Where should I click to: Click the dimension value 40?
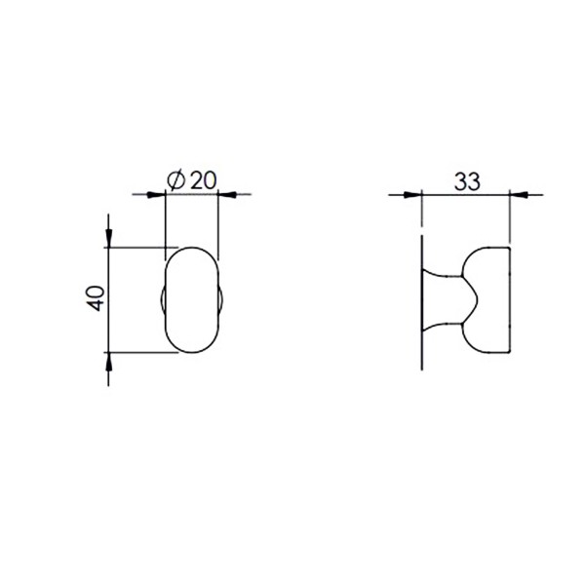[x=96, y=298]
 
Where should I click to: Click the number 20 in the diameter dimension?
[x=203, y=180]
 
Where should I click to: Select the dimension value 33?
[x=467, y=181]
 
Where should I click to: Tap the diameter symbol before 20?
[x=175, y=180]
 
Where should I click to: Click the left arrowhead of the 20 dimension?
[x=156, y=194]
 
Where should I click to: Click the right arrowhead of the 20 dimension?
[x=227, y=194]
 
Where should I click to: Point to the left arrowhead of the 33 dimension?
[x=413, y=194]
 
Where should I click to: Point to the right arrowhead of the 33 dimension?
[x=519, y=194]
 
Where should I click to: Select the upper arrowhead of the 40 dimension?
[x=108, y=238]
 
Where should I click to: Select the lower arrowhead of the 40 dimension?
[x=108, y=361]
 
